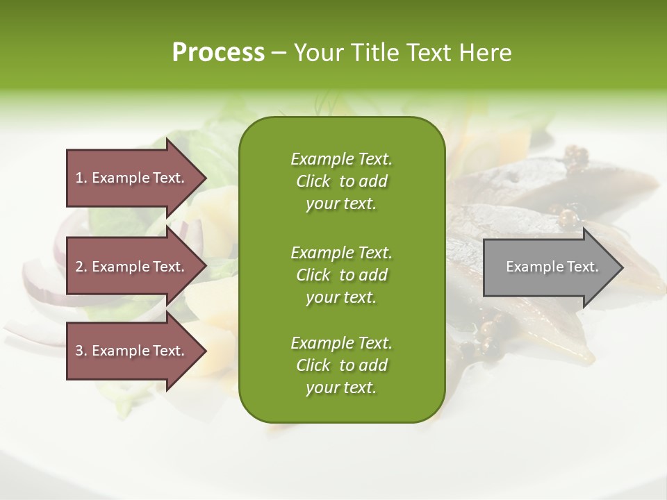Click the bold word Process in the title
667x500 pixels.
[218, 53]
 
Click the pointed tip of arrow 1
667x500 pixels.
[204, 178]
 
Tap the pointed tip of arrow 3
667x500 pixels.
[204, 351]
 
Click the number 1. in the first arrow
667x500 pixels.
[81, 178]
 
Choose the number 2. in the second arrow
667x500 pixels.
[81, 267]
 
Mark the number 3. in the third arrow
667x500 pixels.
[81, 351]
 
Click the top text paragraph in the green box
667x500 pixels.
[341, 181]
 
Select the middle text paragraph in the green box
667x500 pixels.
[341, 274]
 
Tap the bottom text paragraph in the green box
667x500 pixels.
[341, 365]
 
